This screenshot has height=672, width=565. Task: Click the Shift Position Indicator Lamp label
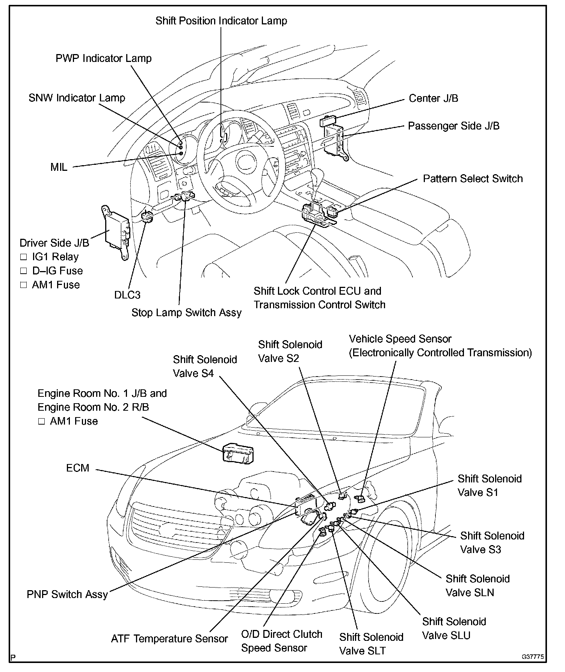pos(221,21)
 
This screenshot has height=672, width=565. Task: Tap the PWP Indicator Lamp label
pos(103,59)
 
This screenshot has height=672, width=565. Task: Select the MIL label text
pos(59,167)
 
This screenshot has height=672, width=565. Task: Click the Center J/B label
pos(433,98)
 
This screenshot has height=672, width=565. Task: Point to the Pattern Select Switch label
pos(473,179)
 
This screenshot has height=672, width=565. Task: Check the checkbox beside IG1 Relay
pos(24,257)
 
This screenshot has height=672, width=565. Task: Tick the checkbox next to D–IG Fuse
pos(24,271)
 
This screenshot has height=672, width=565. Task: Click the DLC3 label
pos(127,295)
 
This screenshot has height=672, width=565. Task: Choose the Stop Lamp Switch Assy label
pos(186,313)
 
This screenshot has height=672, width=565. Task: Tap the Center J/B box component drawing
pos(329,121)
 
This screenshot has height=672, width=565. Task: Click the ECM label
pos(78,468)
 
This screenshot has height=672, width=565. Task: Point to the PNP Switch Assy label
pos(67,594)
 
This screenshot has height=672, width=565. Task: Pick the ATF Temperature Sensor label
pos(169,639)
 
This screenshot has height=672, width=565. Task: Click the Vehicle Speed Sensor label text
pos(400,339)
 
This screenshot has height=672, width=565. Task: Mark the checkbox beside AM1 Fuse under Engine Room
pos(41,422)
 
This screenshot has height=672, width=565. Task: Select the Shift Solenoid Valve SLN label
pos(477,585)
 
